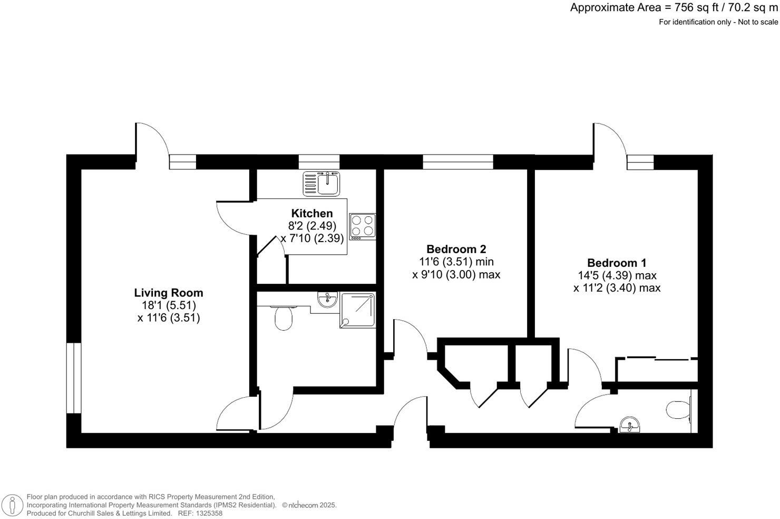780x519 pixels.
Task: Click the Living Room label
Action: (168, 293)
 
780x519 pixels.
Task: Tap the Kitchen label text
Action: (312, 214)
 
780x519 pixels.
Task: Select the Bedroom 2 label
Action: (456, 249)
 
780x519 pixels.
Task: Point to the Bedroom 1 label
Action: (617, 263)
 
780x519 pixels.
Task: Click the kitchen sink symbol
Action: (321, 184)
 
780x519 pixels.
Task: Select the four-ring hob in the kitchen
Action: (363, 226)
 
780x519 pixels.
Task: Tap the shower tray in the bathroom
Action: (358, 310)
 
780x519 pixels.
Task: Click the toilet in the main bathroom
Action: (284, 317)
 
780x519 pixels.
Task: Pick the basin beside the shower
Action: (328, 301)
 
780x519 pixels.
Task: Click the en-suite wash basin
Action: (630, 425)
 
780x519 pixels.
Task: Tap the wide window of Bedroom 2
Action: (457, 162)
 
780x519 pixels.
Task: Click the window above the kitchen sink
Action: (319, 162)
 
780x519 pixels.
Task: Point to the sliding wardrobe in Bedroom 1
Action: (656, 369)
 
